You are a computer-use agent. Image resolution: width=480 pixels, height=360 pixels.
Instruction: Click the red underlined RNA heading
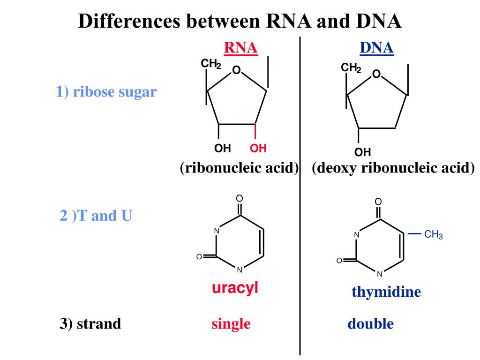point(241,48)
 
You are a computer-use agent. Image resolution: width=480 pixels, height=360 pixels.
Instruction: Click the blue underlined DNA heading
point(376,48)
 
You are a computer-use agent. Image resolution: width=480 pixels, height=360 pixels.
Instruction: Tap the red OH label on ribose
point(258,148)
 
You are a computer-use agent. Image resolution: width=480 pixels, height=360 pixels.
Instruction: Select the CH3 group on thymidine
point(433,235)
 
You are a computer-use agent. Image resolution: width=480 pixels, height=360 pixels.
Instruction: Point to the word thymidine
point(386,292)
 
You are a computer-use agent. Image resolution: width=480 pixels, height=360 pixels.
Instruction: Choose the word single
point(231,323)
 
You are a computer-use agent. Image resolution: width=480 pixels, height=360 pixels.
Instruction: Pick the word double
point(370,323)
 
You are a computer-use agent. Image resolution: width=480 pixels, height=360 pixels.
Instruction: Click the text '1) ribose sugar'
point(106,92)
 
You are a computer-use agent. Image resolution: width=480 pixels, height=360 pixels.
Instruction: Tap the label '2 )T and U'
point(96,216)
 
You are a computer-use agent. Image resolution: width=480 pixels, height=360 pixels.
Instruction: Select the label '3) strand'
point(90,323)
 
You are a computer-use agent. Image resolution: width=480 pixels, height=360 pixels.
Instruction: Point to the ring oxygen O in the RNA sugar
point(236,70)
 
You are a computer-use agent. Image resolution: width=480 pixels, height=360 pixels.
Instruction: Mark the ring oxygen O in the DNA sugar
point(376,74)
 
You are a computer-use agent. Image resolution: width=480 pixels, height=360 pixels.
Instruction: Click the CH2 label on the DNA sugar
point(351,68)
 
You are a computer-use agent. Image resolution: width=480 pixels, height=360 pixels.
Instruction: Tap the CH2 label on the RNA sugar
point(211,63)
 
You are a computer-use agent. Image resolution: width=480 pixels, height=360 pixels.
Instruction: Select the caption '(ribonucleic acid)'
point(240,168)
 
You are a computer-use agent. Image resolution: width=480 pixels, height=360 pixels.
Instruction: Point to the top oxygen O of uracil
point(239,198)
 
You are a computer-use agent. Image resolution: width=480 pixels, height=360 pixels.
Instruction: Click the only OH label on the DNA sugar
point(362,152)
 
